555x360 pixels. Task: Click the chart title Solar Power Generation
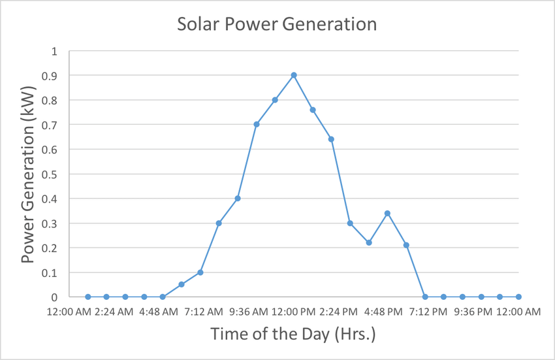point(277,25)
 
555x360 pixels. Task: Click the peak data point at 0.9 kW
point(294,75)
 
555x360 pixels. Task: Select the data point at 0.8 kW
point(275,100)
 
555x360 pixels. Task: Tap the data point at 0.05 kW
point(182,284)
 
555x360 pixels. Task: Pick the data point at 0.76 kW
point(313,110)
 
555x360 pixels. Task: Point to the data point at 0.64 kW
point(331,139)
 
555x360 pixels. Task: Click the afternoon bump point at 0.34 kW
point(387,213)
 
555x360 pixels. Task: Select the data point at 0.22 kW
point(369,242)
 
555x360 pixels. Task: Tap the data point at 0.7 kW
point(257,124)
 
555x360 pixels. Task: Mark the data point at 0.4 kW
point(238,198)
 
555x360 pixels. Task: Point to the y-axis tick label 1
point(55,51)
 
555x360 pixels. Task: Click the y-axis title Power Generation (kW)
point(27,174)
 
